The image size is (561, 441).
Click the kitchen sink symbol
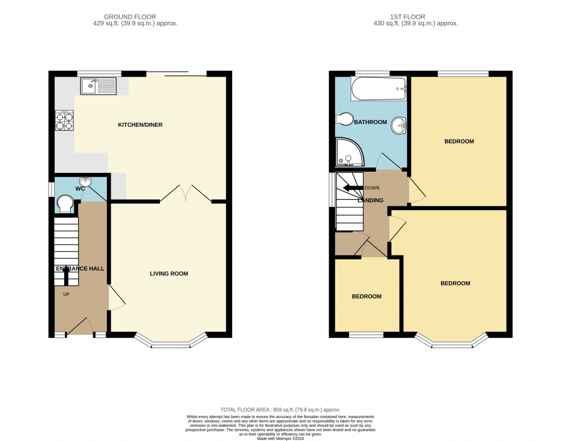[x=99, y=86]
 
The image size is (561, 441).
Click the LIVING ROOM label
[x=169, y=274]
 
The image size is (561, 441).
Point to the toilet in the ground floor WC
[x=65, y=204]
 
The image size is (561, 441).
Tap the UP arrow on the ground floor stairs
[x=67, y=277]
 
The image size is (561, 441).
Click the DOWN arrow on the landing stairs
[x=352, y=188]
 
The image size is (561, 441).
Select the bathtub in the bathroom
[x=379, y=89]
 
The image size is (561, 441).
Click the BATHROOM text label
[x=370, y=122]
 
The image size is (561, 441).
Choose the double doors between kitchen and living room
[x=186, y=194]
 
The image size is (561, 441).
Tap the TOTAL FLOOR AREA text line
[x=280, y=410]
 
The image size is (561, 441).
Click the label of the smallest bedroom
[x=367, y=297]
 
